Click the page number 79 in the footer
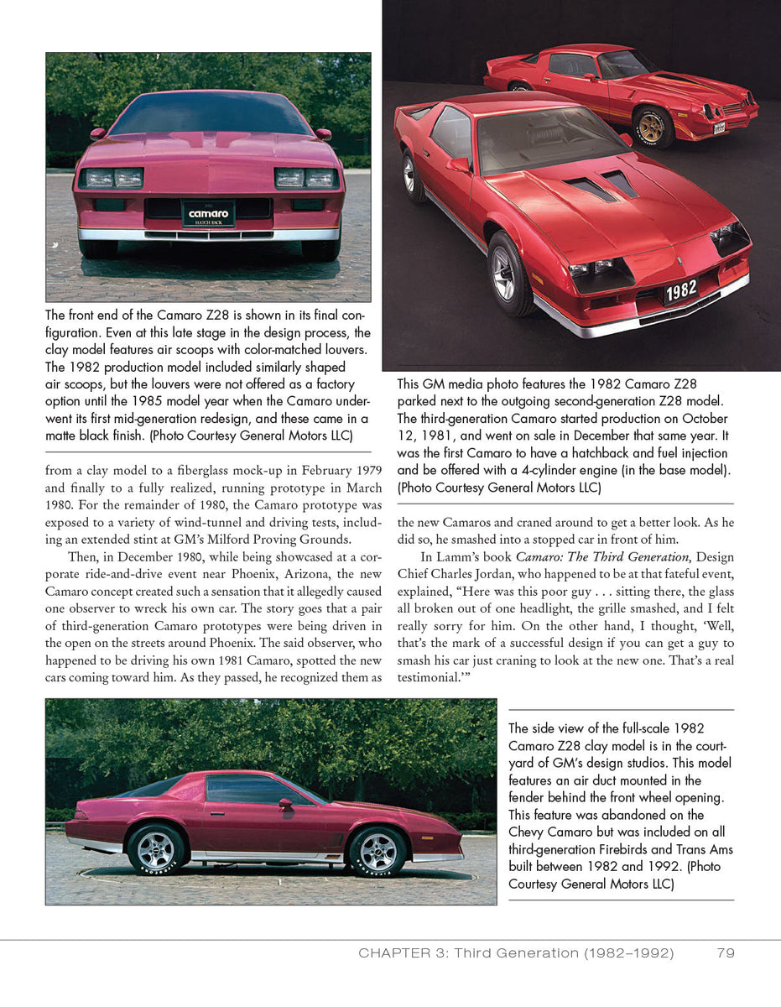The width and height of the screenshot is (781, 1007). click(726, 952)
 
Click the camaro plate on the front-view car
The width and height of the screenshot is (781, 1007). click(208, 215)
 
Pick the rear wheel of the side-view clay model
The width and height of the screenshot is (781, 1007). click(156, 850)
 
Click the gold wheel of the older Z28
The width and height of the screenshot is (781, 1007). click(653, 127)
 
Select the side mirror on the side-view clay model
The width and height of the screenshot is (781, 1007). click(284, 804)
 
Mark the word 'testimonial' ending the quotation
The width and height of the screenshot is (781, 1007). click(427, 677)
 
